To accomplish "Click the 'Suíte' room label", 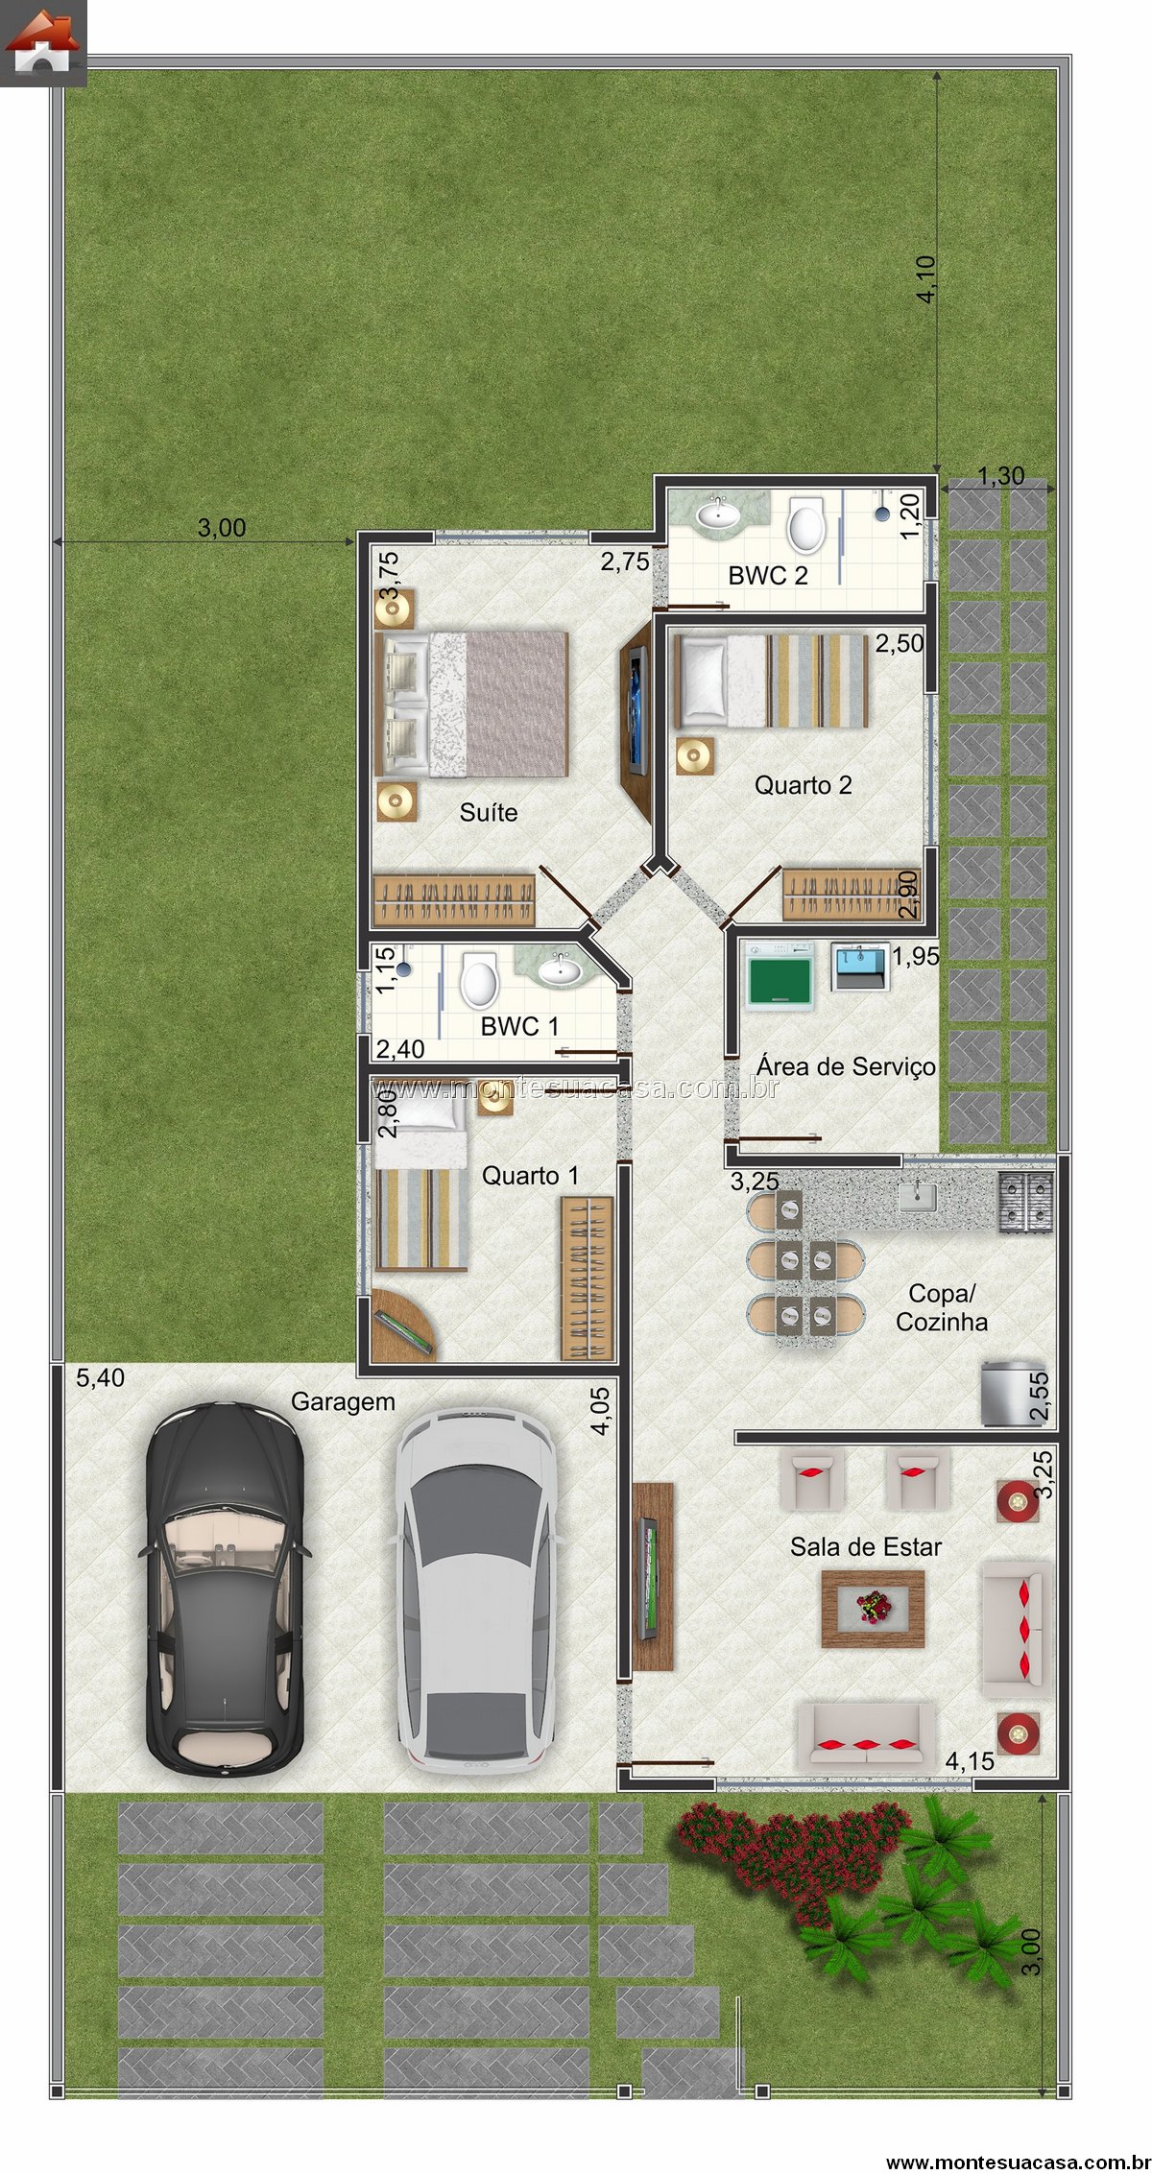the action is [x=489, y=813].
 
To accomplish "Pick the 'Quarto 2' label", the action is [x=804, y=785].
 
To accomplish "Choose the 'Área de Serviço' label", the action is [x=846, y=1067].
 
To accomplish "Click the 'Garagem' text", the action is [x=343, y=1402].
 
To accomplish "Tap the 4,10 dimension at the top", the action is [x=927, y=280].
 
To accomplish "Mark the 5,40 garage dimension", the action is [x=100, y=1378].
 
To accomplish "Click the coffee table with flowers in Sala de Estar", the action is [x=873, y=1609].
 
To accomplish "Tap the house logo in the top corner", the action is [x=43, y=43].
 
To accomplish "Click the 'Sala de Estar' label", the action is [x=866, y=1547].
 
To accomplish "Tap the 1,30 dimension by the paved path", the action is [x=1001, y=476].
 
